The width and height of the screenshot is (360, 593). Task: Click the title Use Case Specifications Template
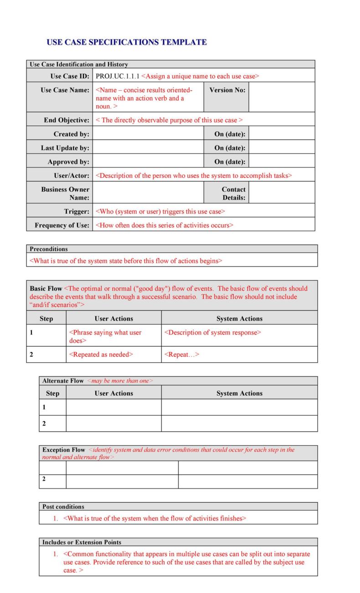click(x=126, y=42)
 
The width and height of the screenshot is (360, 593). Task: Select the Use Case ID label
click(x=69, y=76)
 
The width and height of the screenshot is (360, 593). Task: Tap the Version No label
click(x=227, y=90)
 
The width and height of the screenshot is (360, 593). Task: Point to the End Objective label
click(x=67, y=120)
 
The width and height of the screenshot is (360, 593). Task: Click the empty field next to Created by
click(x=148, y=134)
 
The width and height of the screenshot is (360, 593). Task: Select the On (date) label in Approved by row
click(x=230, y=162)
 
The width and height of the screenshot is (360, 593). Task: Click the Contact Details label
click(x=233, y=193)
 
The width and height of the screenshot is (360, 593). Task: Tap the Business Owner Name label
click(x=65, y=193)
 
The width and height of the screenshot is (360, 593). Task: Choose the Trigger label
click(x=77, y=211)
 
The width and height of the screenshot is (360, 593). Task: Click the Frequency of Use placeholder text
click(x=164, y=225)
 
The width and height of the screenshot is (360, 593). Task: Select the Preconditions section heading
click(x=49, y=249)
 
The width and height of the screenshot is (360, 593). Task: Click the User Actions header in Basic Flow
click(x=113, y=319)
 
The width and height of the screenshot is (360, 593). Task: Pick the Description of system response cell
click(x=212, y=332)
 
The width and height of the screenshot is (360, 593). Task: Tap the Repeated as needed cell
click(x=101, y=355)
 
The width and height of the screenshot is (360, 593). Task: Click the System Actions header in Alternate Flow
click(x=239, y=393)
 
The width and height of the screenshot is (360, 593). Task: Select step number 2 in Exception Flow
click(x=44, y=479)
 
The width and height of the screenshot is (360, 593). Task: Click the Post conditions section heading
click(x=63, y=506)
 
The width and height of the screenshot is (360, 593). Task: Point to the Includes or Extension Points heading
click(x=82, y=542)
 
